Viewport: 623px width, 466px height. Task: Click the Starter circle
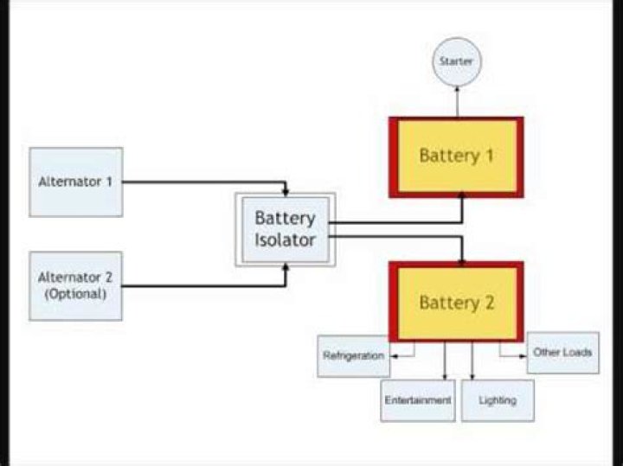pos(455,61)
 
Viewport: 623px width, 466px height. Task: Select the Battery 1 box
pos(455,156)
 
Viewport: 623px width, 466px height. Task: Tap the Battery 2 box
pos(455,303)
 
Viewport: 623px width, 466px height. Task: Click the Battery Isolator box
pos(285,229)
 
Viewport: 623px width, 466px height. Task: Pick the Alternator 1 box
pos(75,182)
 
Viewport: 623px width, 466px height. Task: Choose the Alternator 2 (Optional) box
pos(75,285)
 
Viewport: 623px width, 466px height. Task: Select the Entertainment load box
pos(417,400)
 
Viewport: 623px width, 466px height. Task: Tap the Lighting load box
pos(497,400)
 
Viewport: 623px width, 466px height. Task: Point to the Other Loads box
pos(562,353)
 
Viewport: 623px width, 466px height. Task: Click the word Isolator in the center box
pos(285,240)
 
